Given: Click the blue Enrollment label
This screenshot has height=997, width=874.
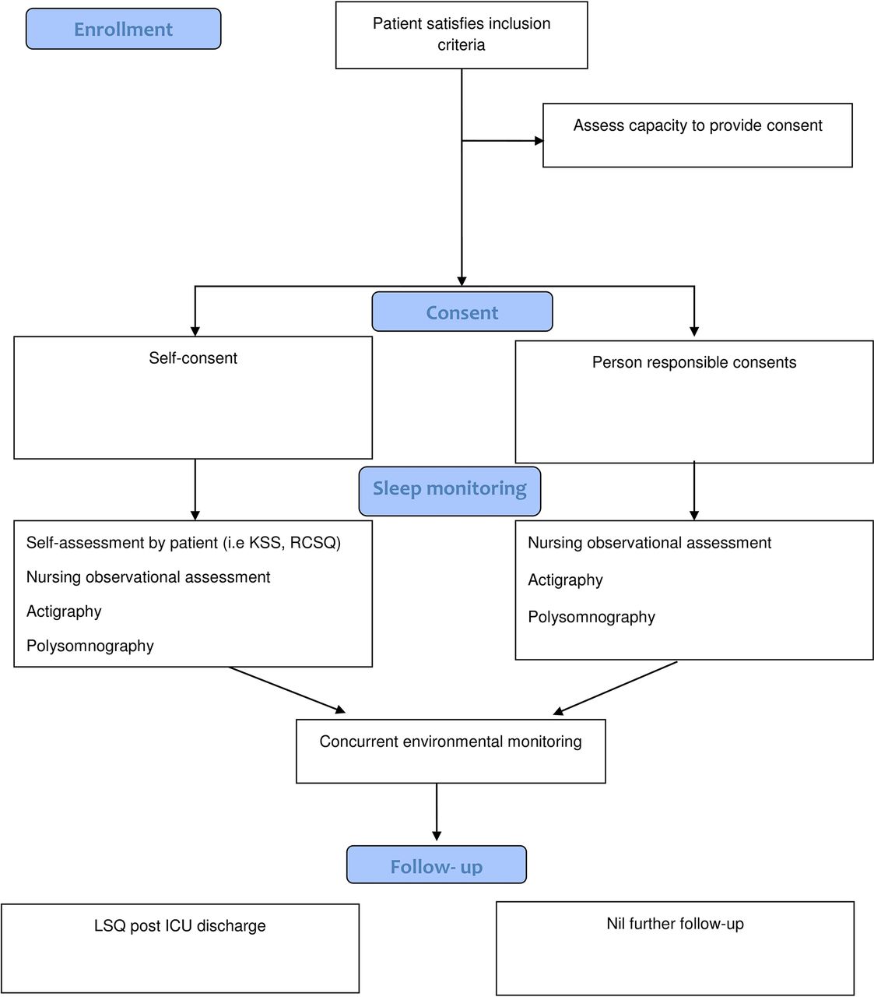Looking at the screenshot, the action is pyautogui.click(x=124, y=29).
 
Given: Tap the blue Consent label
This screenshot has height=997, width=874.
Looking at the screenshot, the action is pyautogui.click(x=462, y=312).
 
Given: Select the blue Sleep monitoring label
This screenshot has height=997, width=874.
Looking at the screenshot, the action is pyautogui.click(x=450, y=491).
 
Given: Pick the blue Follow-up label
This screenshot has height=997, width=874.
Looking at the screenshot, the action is pyautogui.click(x=437, y=866).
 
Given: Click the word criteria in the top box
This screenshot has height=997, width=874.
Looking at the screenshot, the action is pyautogui.click(x=462, y=45).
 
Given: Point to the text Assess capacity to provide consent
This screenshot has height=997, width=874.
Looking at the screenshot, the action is pyautogui.click(x=697, y=125).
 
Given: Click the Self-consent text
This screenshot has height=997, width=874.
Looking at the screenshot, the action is pyautogui.click(x=193, y=358).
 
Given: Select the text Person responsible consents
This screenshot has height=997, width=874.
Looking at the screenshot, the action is pyautogui.click(x=694, y=362).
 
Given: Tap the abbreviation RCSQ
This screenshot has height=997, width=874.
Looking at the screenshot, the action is pyautogui.click(x=314, y=542).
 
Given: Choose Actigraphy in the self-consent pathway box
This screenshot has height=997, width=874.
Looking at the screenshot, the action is pyautogui.click(x=64, y=611).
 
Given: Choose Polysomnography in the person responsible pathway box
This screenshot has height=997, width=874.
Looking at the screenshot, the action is pyautogui.click(x=591, y=617).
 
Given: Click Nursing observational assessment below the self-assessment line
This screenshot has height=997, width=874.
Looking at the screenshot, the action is pyautogui.click(x=148, y=576).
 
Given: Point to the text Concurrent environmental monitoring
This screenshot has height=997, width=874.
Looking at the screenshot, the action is pyautogui.click(x=451, y=742).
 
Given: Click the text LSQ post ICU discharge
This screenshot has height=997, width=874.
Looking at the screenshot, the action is pyautogui.click(x=180, y=925).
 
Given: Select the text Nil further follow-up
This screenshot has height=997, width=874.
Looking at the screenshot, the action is pyautogui.click(x=675, y=924).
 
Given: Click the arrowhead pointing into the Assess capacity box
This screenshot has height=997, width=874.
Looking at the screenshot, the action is pyautogui.click(x=539, y=141).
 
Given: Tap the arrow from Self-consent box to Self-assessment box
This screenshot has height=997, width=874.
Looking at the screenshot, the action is pyautogui.click(x=195, y=490).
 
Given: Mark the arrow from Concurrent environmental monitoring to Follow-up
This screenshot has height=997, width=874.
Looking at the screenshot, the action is pyautogui.click(x=437, y=812).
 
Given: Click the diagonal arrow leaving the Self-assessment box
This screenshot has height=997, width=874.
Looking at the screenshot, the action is pyautogui.click(x=287, y=690).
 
